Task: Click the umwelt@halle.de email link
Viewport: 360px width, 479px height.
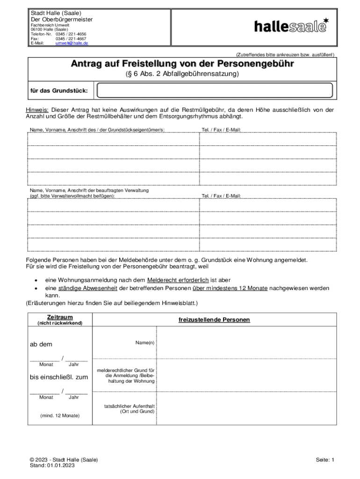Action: click(x=72, y=43)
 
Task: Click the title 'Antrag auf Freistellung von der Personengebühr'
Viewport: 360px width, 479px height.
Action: click(x=182, y=64)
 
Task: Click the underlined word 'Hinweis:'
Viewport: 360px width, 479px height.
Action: click(x=37, y=110)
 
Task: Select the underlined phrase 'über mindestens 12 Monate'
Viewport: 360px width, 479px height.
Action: click(x=230, y=288)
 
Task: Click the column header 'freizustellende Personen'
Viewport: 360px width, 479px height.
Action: click(x=214, y=320)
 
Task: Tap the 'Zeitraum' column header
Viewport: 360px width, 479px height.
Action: click(x=59, y=317)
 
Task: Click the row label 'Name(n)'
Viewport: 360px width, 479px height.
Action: click(x=145, y=343)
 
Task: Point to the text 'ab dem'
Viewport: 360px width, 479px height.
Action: click(x=41, y=344)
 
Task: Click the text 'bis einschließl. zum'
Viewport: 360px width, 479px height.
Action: click(x=58, y=377)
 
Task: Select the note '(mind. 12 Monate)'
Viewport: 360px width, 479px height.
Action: click(x=60, y=415)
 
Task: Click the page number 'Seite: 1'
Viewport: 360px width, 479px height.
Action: click(x=325, y=460)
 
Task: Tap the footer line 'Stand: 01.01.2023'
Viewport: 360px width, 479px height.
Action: click(x=52, y=465)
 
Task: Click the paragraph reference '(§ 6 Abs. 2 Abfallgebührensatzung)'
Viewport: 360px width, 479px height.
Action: click(x=182, y=74)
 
